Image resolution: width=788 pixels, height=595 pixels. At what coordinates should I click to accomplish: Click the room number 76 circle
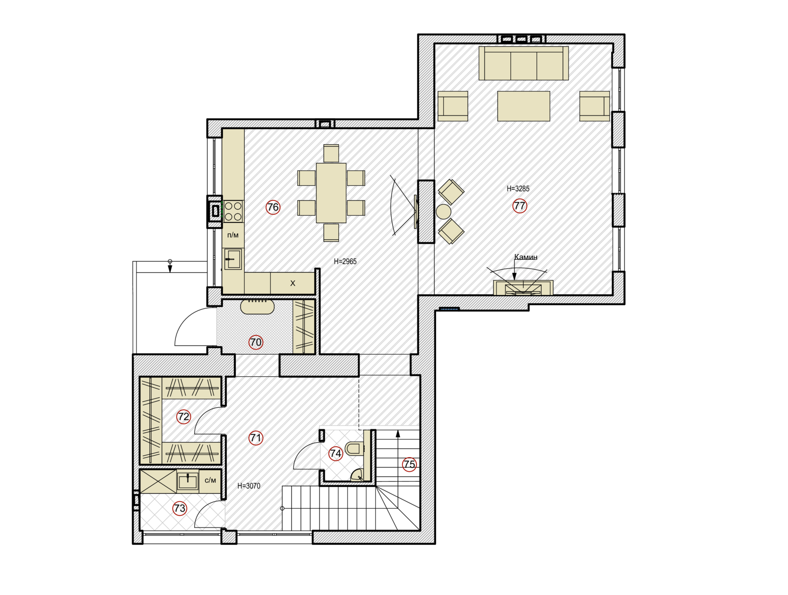point(273,207)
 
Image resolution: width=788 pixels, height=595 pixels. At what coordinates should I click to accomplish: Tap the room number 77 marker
point(519,206)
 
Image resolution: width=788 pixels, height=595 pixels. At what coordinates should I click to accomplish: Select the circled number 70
point(256,342)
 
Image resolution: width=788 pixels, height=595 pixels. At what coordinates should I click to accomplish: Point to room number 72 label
point(183,417)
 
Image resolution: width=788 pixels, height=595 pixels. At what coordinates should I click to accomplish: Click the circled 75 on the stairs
point(409,464)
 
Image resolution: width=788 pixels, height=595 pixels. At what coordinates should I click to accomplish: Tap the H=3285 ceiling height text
point(518,189)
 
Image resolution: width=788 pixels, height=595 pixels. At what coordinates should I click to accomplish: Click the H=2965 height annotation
point(345,261)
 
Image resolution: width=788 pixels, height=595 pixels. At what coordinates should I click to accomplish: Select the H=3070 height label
point(249,486)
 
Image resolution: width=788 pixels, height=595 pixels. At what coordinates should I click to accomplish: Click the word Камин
point(526,257)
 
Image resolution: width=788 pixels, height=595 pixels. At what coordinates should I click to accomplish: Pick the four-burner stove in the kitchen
point(233,212)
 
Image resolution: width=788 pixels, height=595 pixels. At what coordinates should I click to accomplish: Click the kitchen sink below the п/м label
point(233,259)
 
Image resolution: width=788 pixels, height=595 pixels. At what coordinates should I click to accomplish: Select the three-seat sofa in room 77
point(523,63)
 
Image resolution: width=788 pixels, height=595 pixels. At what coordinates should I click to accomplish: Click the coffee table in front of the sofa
point(523,106)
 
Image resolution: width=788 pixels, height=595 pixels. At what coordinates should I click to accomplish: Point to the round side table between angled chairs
point(443,212)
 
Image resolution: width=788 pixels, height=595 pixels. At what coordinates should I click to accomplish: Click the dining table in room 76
point(331,193)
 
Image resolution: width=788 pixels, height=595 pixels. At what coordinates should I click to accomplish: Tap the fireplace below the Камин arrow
point(523,288)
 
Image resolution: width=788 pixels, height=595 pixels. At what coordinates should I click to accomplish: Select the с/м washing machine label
point(211,480)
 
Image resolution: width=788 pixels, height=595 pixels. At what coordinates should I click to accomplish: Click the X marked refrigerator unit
point(293,283)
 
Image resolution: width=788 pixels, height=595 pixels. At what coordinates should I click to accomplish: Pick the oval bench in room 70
point(257,307)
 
